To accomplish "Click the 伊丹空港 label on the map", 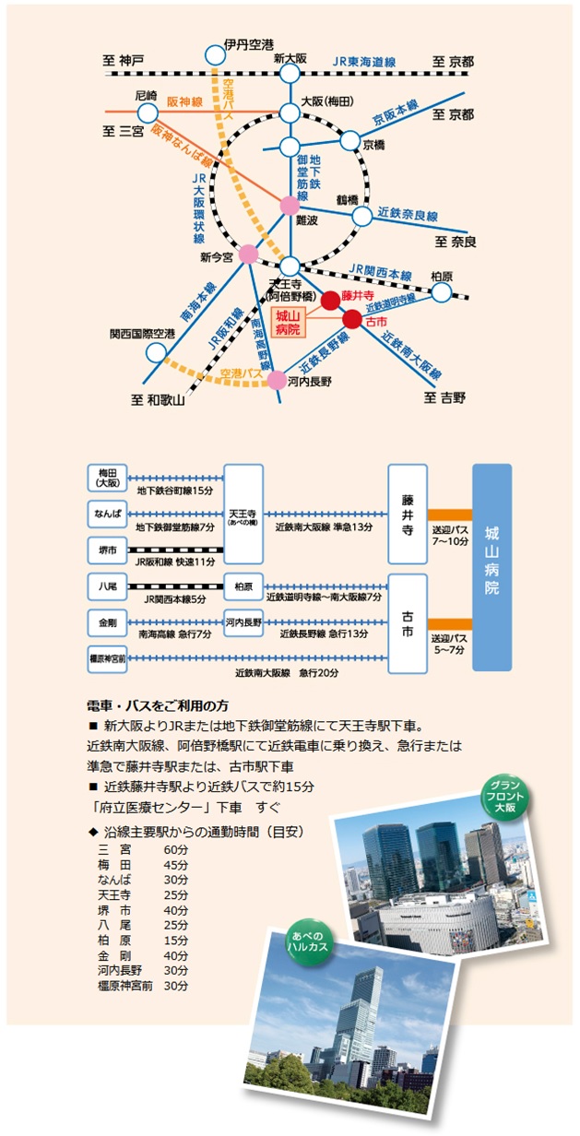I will tap(248, 44).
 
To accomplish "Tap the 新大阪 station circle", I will tap(290, 77).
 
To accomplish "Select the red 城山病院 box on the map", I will tap(288, 323).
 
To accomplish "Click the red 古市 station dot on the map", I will tap(352, 319).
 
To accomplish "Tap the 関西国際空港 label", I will tap(142, 334).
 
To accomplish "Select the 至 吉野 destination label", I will tap(445, 397).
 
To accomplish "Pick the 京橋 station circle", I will tap(350, 140).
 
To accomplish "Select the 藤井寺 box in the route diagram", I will tap(407, 514).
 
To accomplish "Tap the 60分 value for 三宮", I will tap(175, 848).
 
